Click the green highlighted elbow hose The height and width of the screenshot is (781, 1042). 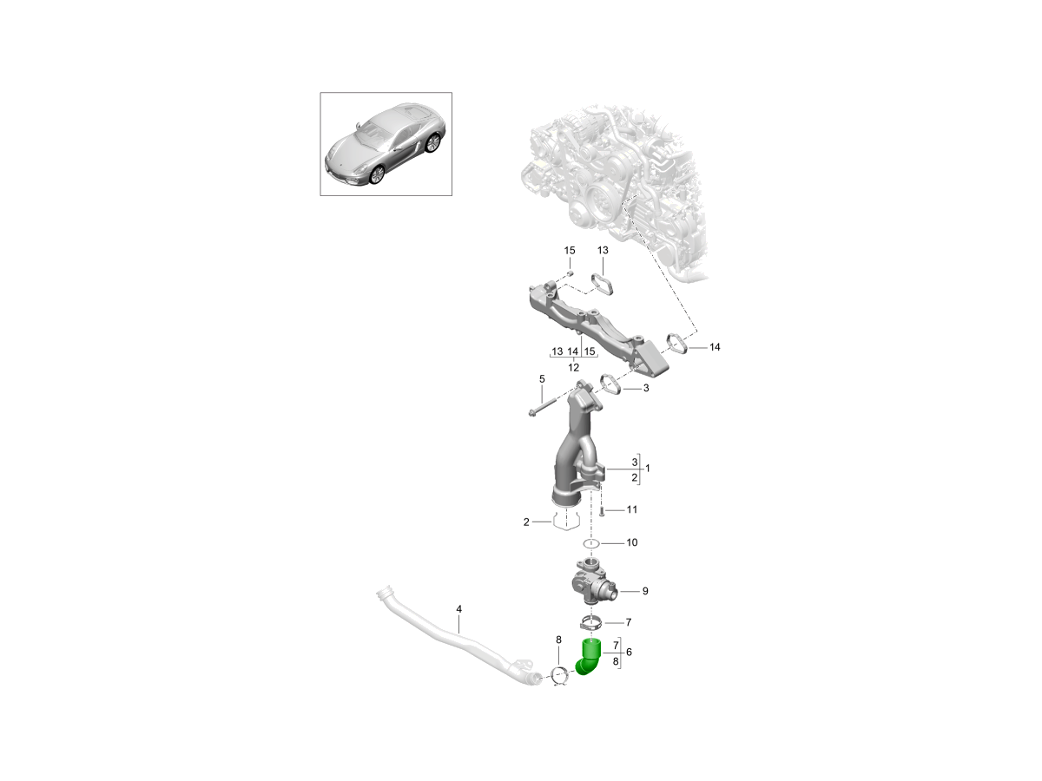588,659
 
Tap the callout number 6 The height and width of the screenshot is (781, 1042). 629,651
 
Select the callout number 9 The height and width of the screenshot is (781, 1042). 645,591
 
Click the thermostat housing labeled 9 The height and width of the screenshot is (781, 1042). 590,584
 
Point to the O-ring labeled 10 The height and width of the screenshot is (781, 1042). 591,543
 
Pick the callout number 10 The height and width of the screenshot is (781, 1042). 631,542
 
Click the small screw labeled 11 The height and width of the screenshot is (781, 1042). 600,511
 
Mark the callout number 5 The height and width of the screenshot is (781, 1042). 541,379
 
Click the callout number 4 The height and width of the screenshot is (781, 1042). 458,609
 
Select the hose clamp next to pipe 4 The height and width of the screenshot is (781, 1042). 559,675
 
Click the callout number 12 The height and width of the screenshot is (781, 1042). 573,367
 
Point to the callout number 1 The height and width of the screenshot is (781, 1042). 647,468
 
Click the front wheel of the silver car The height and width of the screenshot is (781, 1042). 376,174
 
